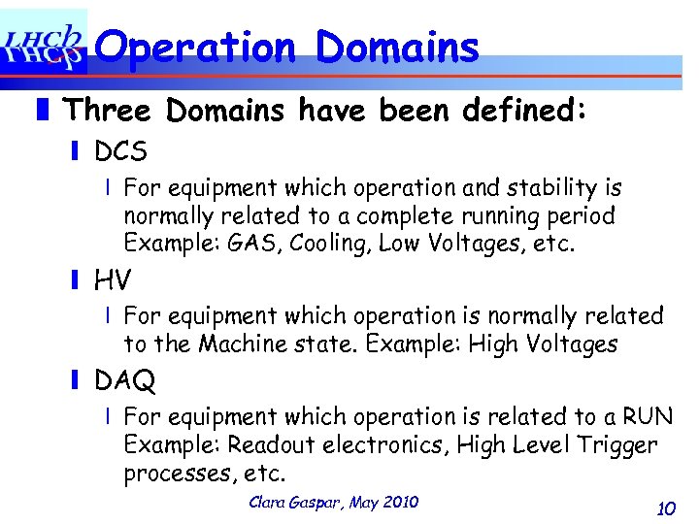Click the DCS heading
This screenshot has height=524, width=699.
pos(120,151)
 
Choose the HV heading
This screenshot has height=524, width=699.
pos(113,280)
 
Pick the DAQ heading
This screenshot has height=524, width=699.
pos(124,381)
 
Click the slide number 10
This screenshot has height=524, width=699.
pos(665,508)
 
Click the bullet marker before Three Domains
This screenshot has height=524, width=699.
pos(50,110)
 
